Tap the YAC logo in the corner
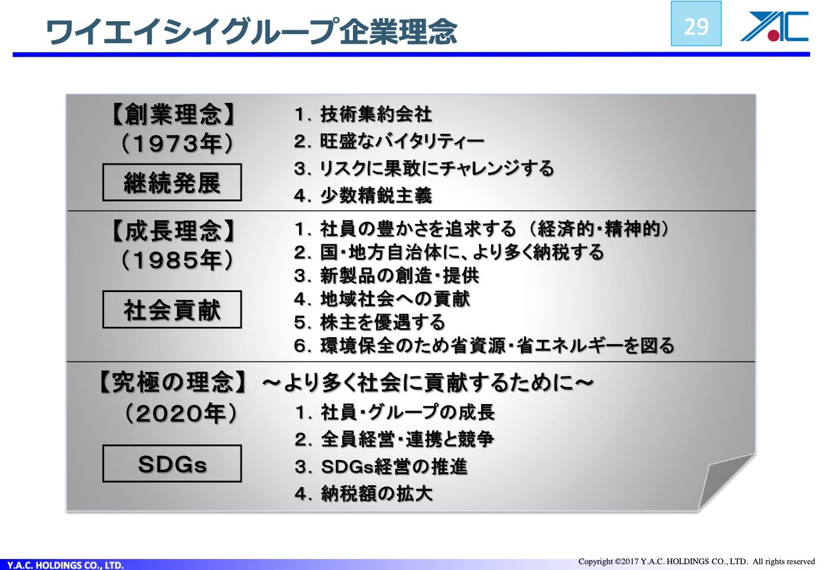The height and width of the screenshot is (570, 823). pos(773,26)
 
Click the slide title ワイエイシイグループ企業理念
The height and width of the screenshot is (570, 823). pos(252,32)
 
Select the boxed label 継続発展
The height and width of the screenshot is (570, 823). pos(172,183)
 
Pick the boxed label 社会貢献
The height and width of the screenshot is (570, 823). pos(172,309)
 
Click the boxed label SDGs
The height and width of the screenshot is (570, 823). pos(172,464)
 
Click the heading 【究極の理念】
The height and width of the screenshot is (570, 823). pos(172,382)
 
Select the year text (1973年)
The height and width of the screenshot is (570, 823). pos(177,143)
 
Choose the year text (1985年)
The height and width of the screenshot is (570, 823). pos(177,260)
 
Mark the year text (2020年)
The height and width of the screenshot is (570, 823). pos(181,414)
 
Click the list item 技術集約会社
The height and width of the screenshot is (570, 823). pos(363,114)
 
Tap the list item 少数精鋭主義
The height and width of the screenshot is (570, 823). pos(363,196)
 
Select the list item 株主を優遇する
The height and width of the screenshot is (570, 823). pos(370,322)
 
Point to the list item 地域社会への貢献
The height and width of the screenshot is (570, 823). pos(382,299)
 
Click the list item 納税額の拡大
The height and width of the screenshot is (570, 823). pos(364,493)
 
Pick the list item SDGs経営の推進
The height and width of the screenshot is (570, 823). pos(381,466)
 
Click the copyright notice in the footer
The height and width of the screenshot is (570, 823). pos(697,562)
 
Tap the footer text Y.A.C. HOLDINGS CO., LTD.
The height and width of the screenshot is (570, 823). pos(66,565)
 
